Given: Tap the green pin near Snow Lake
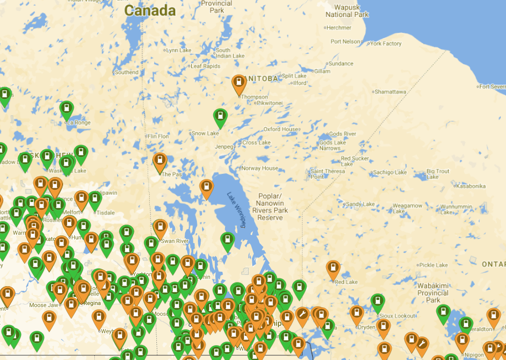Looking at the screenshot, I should (220, 116).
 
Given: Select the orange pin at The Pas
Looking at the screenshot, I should (160, 161).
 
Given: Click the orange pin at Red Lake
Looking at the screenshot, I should (334, 268).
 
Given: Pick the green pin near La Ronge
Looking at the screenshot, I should (67, 109).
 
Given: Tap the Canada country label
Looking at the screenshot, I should (150, 10).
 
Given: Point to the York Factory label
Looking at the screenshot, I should (386, 44).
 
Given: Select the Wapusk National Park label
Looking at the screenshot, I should (347, 11).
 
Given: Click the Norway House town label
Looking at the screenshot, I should (260, 168).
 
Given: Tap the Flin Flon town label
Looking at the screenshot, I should (158, 136).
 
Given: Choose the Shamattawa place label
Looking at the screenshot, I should (391, 92).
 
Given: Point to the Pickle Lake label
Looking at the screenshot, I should (434, 265).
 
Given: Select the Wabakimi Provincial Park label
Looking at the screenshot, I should (433, 292).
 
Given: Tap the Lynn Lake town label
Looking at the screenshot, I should (179, 50).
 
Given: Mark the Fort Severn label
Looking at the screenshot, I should (492, 87).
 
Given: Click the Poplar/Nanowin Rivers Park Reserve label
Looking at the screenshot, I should (270, 207).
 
